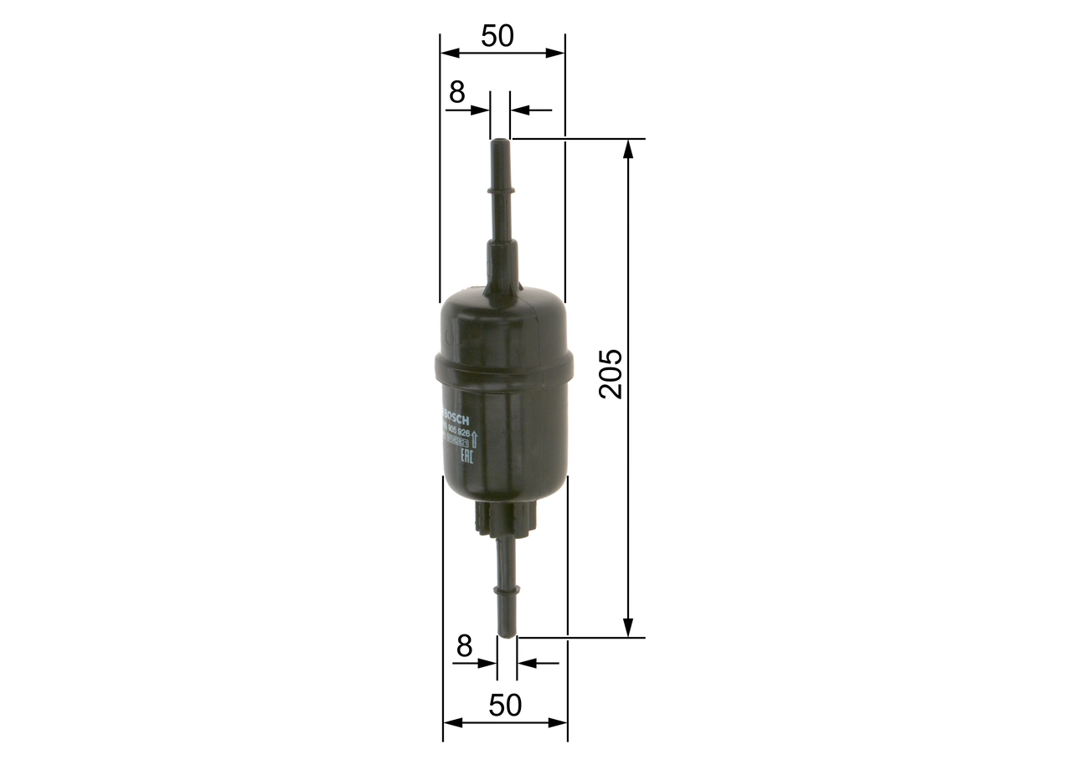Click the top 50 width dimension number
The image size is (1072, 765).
(x=497, y=36)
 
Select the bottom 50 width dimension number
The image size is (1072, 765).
(x=504, y=706)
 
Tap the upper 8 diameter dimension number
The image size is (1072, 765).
(x=456, y=93)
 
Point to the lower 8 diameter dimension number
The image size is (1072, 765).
(x=465, y=646)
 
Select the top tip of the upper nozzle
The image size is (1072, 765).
(x=500, y=142)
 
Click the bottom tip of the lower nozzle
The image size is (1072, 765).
(x=507, y=634)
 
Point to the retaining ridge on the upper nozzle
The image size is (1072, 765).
(x=501, y=192)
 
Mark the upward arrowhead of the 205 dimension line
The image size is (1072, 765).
(x=628, y=147)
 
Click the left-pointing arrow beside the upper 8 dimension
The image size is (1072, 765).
(x=519, y=110)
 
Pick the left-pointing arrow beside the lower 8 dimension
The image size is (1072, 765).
(x=526, y=663)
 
